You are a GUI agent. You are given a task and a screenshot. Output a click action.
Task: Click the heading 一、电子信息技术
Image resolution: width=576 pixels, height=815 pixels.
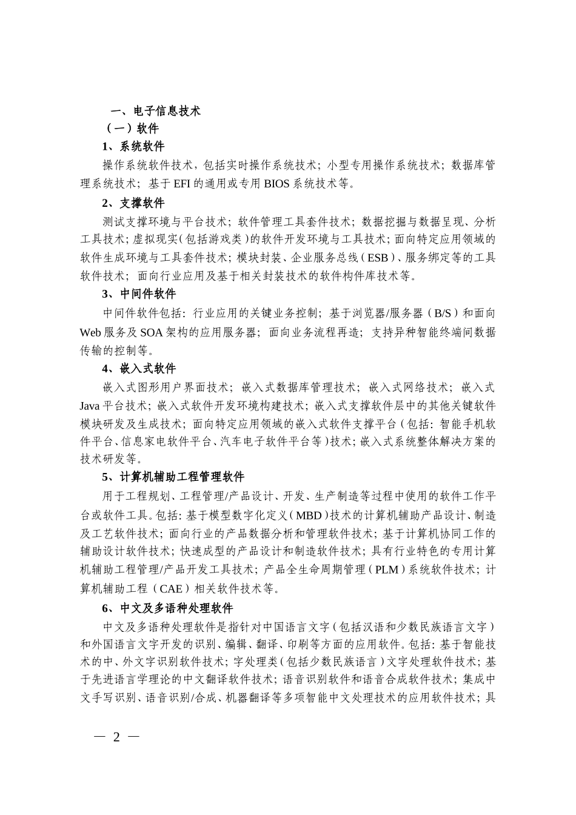click(x=155, y=111)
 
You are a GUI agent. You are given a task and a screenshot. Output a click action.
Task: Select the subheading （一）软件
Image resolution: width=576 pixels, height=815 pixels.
click(x=132, y=129)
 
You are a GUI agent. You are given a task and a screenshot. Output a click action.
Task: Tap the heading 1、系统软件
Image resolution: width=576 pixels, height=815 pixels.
click(x=133, y=146)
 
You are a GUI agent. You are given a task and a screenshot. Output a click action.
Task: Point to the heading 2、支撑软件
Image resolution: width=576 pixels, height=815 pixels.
click(x=133, y=203)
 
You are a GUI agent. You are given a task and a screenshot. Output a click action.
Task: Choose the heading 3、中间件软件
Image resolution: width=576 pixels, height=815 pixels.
click(x=139, y=294)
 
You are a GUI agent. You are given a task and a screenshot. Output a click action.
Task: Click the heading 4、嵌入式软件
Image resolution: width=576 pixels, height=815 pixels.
click(x=139, y=369)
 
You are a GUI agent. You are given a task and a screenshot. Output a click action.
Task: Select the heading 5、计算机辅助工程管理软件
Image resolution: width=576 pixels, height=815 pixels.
click(x=173, y=477)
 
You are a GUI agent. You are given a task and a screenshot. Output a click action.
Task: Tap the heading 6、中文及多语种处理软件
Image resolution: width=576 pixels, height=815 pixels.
click(x=168, y=608)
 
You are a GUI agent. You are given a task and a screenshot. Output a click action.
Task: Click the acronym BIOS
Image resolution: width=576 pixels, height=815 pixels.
click(x=277, y=183)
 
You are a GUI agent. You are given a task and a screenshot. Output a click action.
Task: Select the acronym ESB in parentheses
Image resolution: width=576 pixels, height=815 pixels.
click(x=378, y=258)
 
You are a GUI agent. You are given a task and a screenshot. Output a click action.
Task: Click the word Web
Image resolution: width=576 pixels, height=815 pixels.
click(x=90, y=332)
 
